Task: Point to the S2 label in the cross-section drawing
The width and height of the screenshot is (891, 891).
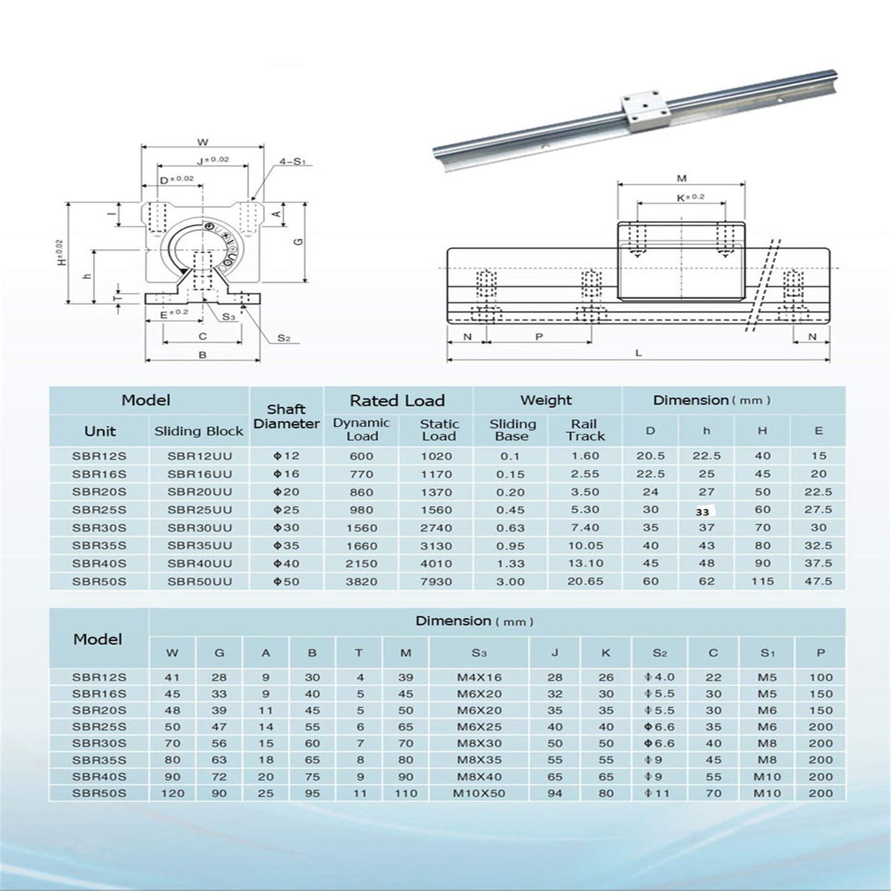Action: (x=284, y=338)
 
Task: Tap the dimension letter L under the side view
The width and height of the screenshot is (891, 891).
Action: (x=639, y=353)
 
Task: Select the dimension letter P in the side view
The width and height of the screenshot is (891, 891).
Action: (x=539, y=337)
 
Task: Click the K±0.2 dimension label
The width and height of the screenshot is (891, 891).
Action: (x=690, y=197)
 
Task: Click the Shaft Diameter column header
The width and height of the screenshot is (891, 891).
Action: (x=286, y=417)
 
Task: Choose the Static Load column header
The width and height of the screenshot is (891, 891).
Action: (x=439, y=430)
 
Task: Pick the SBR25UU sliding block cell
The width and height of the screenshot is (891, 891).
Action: (x=200, y=510)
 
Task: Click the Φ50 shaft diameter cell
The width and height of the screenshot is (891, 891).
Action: (x=286, y=581)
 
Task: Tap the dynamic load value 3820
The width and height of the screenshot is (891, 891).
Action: (x=361, y=581)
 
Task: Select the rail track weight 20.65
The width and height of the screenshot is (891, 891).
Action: (x=585, y=581)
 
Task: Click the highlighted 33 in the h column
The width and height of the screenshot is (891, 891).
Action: (x=702, y=511)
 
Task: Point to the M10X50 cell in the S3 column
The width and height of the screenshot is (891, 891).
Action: (x=479, y=794)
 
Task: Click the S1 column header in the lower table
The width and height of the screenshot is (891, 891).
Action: (x=767, y=653)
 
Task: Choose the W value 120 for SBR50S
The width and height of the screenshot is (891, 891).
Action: (x=173, y=794)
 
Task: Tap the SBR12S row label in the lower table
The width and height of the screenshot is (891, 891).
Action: (x=99, y=677)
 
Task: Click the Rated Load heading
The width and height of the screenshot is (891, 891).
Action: (x=397, y=401)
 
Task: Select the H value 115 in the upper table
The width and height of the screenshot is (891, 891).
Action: (x=763, y=581)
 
